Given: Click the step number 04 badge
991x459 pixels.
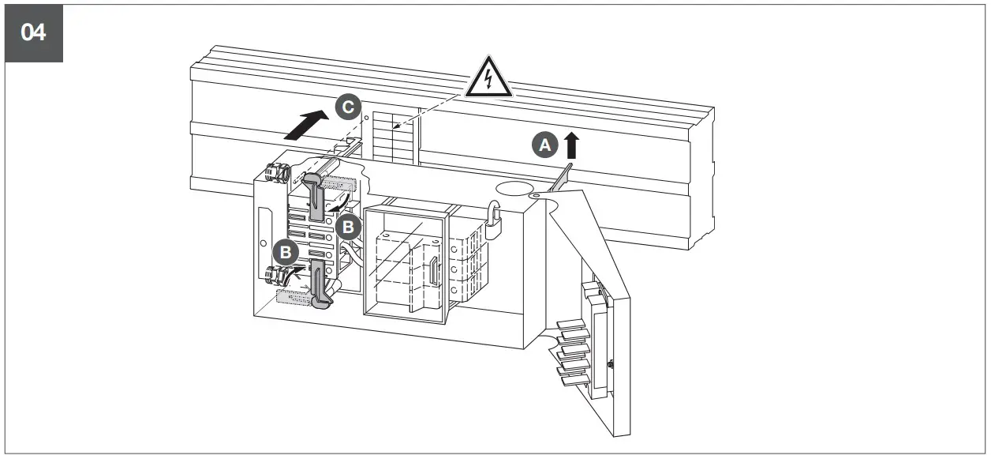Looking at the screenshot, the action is click(x=34, y=33).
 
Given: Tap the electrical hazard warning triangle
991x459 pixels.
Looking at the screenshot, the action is click(x=488, y=77).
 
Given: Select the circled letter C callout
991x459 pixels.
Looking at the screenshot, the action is click(x=348, y=107).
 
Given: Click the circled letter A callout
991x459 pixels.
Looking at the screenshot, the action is click(x=545, y=145).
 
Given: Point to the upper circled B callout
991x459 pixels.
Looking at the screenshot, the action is click(x=349, y=227).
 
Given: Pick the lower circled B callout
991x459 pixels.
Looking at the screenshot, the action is click(x=286, y=253).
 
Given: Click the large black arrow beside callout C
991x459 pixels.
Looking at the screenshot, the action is click(x=306, y=125).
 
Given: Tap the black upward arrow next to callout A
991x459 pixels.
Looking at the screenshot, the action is click(x=571, y=145).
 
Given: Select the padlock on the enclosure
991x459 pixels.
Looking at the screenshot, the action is click(x=494, y=220).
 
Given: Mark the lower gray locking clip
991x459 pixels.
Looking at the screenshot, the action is click(x=320, y=284).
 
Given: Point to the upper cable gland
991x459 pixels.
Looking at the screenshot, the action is click(x=276, y=173).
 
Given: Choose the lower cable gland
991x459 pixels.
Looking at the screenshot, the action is click(x=277, y=276).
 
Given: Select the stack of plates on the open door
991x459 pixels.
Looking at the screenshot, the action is click(x=574, y=352).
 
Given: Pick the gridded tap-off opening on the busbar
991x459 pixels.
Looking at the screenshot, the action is click(x=393, y=137).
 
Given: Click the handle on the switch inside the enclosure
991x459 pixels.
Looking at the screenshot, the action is click(x=434, y=271).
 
